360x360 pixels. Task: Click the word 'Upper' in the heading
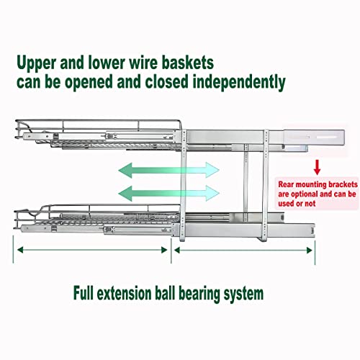point(36,63)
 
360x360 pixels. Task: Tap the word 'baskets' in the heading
point(188,63)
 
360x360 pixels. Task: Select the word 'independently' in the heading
point(239,83)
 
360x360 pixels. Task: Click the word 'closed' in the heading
point(166,81)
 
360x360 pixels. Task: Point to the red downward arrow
point(317,167)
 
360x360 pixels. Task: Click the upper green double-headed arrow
point(168,170)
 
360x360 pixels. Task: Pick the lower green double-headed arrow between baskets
point(168,193)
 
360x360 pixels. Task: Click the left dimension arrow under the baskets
point(92,250)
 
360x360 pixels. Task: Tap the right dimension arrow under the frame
point(243,251)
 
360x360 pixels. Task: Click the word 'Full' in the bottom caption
point(84,293)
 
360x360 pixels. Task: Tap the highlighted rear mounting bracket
point(314,140)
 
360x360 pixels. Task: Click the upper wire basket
point(98,134)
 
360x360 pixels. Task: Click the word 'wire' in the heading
point(143,63)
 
